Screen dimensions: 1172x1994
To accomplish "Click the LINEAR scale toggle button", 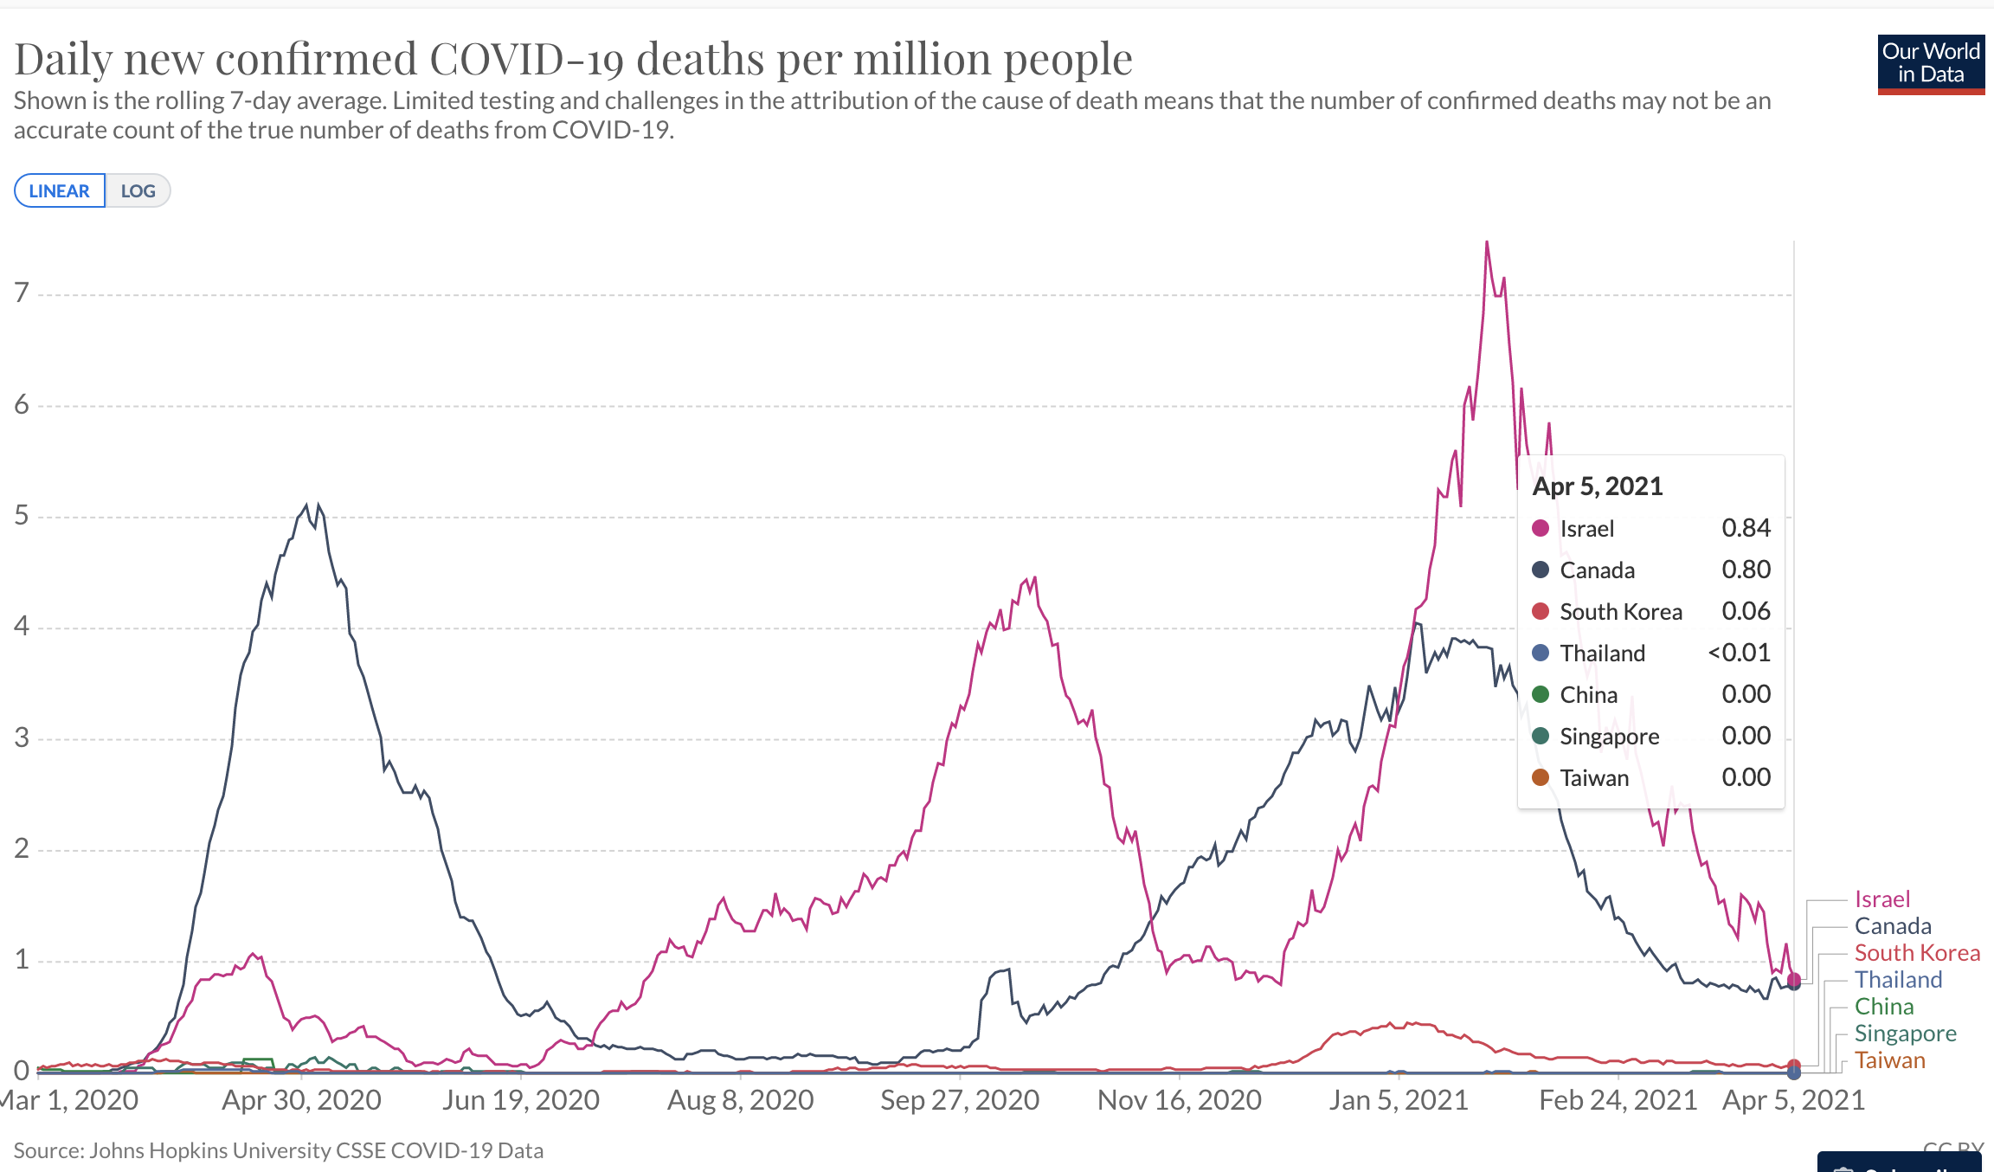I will [59, 191].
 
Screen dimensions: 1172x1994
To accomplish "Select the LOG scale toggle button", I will [138, 191].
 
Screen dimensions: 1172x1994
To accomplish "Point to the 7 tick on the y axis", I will [22, 293].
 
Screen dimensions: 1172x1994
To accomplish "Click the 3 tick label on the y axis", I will [22, 738].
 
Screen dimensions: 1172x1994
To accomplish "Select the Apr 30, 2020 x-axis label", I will [301, 1100].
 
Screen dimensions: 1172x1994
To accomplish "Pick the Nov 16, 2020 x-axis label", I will [1179, 1100].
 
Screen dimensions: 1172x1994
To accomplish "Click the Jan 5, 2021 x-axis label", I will [1399, 1100].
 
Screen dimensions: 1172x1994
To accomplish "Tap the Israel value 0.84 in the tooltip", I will [1746, 528].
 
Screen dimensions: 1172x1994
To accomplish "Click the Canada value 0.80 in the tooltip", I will [1746, 570].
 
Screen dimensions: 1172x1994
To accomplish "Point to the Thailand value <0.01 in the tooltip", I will [1739, 653].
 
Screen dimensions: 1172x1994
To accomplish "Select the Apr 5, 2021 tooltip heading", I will [1598, 486].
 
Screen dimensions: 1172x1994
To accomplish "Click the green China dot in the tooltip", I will [1541, 694].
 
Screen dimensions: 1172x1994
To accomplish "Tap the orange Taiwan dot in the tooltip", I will [1541, 777].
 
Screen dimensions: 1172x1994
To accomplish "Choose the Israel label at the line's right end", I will [1881, 899].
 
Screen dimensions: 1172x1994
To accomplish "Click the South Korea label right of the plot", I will [1917, 953].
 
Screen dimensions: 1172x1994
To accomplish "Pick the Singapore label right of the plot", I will [1905, 1034].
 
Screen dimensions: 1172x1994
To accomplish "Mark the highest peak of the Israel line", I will [1487, 242].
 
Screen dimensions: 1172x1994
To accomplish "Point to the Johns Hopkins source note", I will [279, 1150].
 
